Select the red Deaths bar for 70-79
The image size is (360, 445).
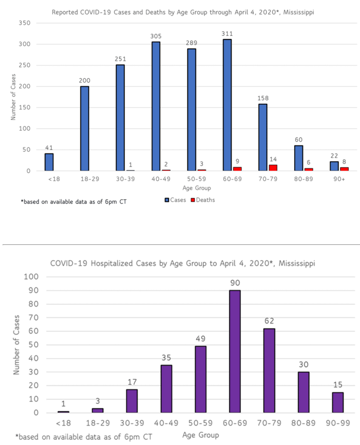point(272,168)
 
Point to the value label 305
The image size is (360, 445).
point(156,36)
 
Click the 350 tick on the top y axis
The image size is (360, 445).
point(24,23)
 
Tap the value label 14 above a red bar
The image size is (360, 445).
point(272,158)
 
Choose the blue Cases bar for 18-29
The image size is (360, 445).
point(85,129)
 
